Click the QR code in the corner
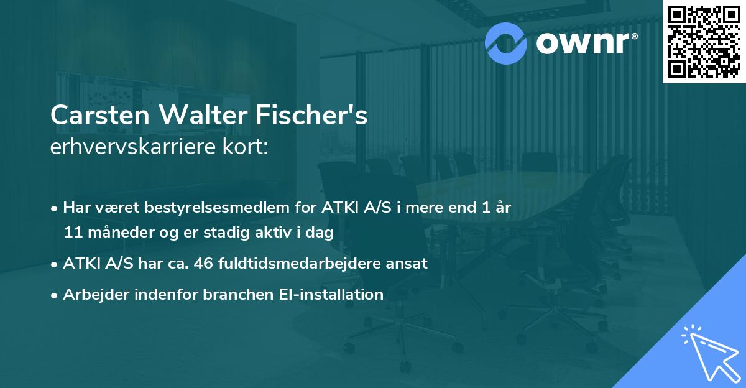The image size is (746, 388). pyautogui.click(x=704, y=42)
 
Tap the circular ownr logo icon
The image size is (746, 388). pyautogui.click(x=505, y=42)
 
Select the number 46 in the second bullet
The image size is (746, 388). pyautogui.click(x=205, y=263)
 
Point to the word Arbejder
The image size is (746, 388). pyautogui.click(x=90, y=294)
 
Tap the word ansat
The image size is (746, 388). pyautogui.click(x=407, y=263)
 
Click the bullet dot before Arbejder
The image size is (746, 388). pyautogui.click(x=55, y=295)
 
